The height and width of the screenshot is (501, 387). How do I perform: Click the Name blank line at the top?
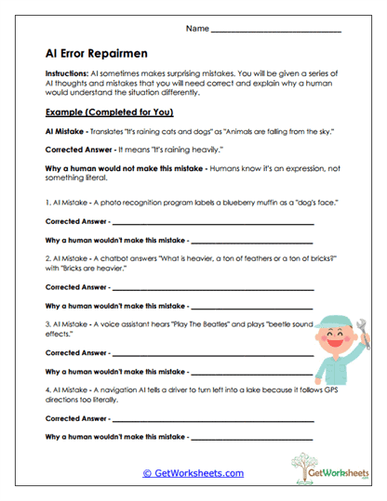(276, 32)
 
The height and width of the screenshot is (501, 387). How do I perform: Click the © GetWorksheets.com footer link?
(193, 472)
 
